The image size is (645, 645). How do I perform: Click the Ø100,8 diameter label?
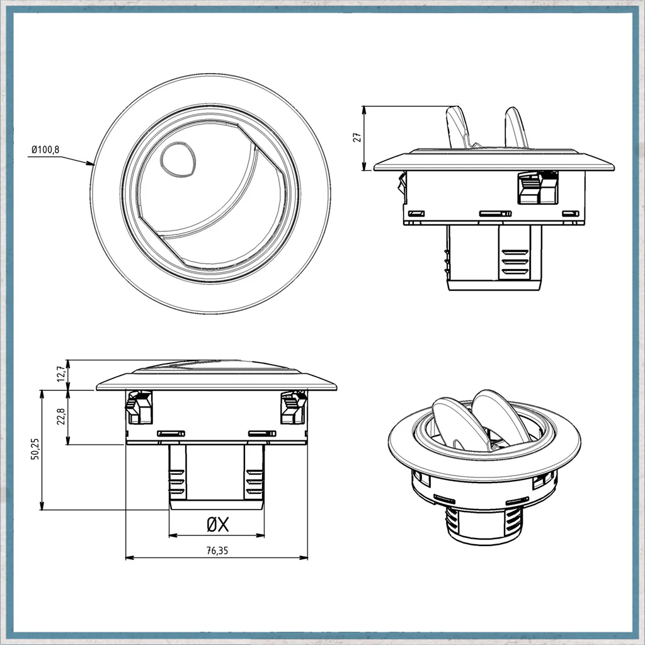click(45, 150)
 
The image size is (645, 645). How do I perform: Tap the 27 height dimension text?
click(358, 137)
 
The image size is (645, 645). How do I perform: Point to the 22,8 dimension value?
click(61, 416)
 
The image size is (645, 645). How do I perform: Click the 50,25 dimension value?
click(35, 448)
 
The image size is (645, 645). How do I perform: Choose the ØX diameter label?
click(217, 525)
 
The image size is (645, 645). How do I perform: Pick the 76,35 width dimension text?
click(217, 551)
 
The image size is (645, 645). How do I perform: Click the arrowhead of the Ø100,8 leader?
click(91, 164)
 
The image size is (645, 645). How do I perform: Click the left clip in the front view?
click(139, 408)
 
